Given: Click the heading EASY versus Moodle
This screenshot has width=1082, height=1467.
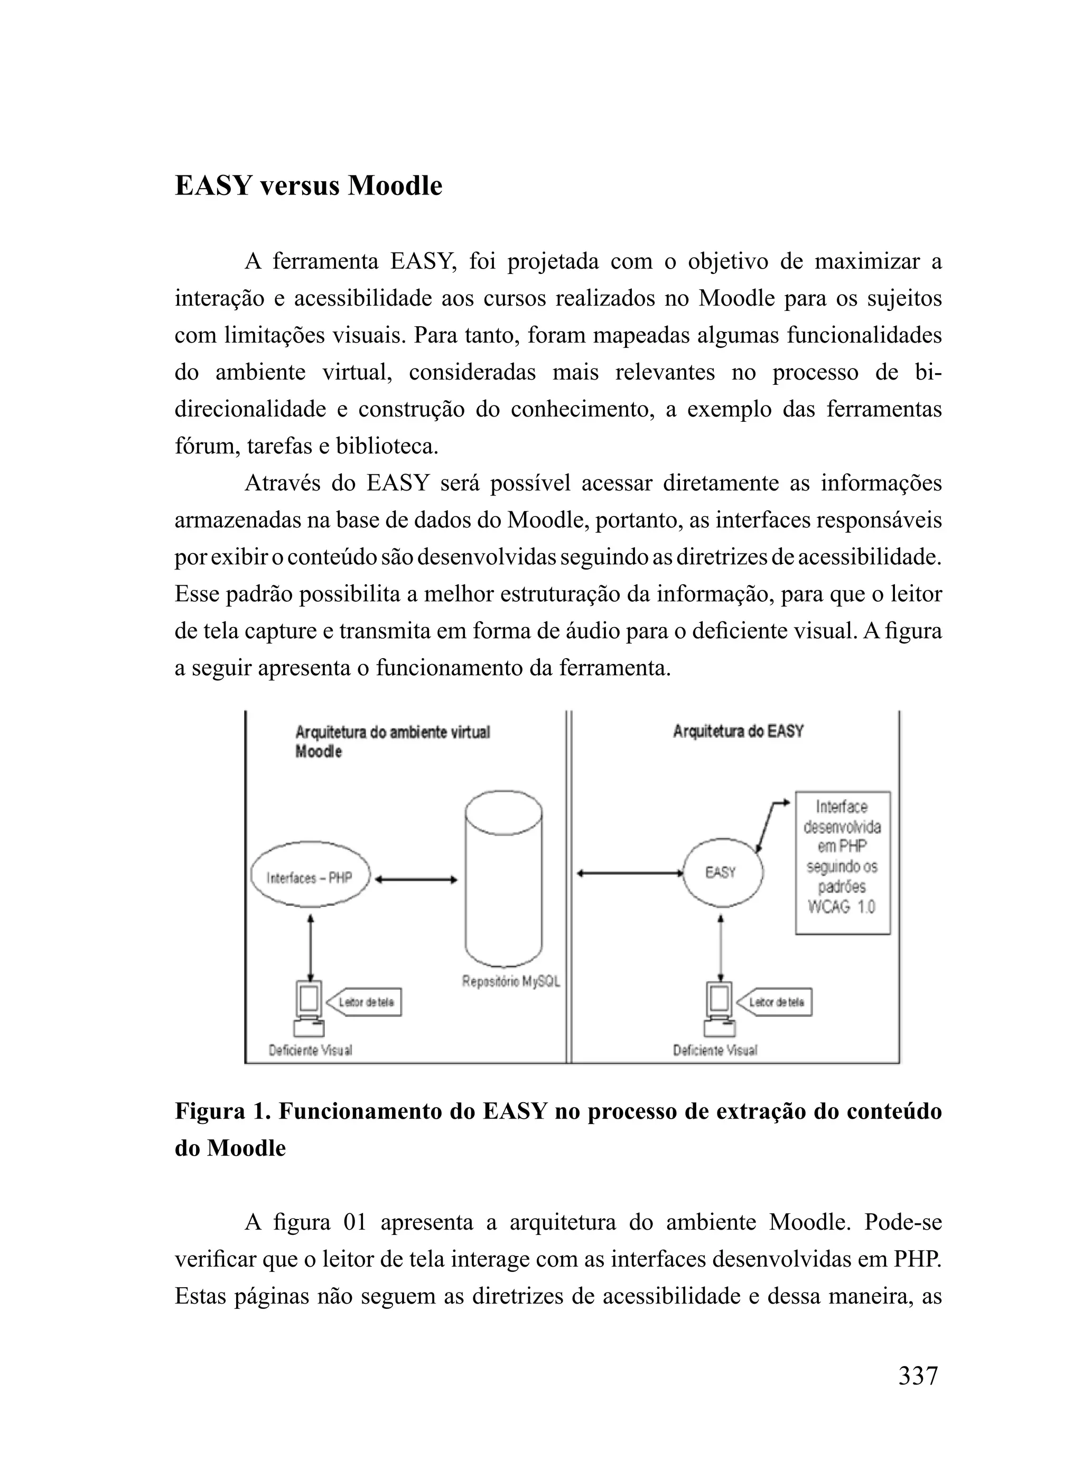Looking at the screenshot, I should click(x=308, y=186).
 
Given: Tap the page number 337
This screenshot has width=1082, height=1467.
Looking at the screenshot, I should click(x=918, y=1375).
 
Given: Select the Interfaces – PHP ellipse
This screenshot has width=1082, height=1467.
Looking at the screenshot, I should click(x=310, y=878).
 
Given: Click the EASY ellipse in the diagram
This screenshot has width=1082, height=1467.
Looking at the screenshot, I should click(x=721, y=872).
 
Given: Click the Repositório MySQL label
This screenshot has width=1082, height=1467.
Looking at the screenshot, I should click(x=511, y=982).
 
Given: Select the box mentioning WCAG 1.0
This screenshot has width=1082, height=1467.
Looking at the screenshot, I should click(x=842, y=862).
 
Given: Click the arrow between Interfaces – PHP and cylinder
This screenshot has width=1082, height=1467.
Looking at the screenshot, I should click(x=415, y=880).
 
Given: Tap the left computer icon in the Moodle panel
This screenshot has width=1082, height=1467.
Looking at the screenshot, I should click(x=309, y=1010).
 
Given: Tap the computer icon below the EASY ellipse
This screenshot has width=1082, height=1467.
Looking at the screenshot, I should click(x=719, y=1010).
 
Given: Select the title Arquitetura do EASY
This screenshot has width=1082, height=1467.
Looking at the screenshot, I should click(x=738, y=731).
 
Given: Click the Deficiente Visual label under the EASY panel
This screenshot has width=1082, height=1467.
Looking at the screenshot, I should click(x=715, y=1050).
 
